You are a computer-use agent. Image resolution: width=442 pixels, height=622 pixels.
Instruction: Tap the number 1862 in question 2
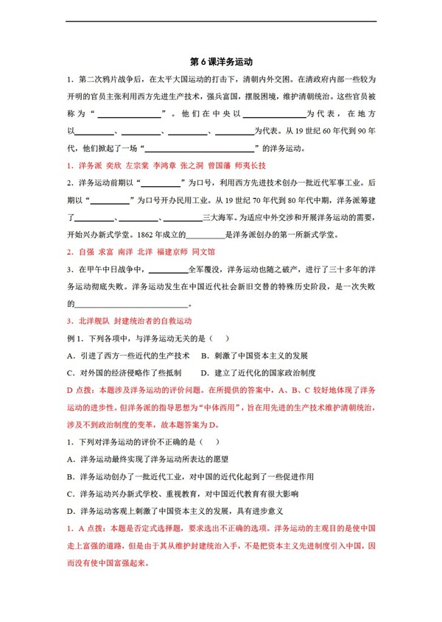119,234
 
